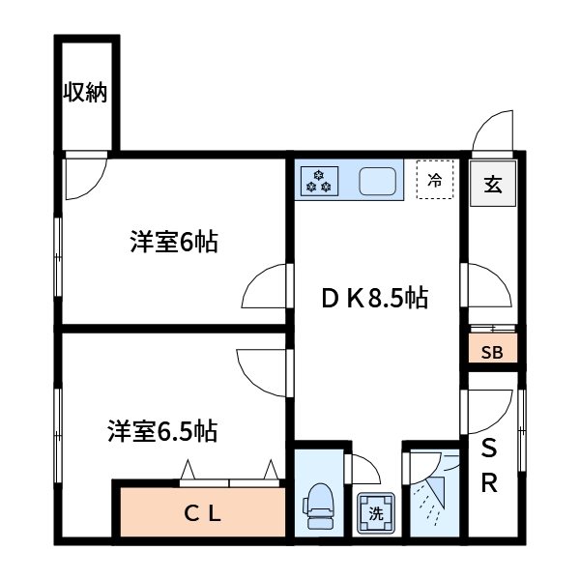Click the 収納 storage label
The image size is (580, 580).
[x=85, y=93]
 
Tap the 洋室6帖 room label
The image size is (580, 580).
[x=174, y=243]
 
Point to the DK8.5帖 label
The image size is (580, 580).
[x=374, y=298]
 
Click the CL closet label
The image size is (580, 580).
[x=203, y=513]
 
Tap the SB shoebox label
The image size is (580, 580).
[x=492, y=351]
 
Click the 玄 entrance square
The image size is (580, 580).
[x=493, y=183]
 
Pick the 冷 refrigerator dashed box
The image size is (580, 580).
[x=435, y=180]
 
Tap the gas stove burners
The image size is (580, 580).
[x=319, y=180]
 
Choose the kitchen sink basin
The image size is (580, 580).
[x=378, y=181]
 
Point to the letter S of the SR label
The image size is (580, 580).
[x=490, y=449]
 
